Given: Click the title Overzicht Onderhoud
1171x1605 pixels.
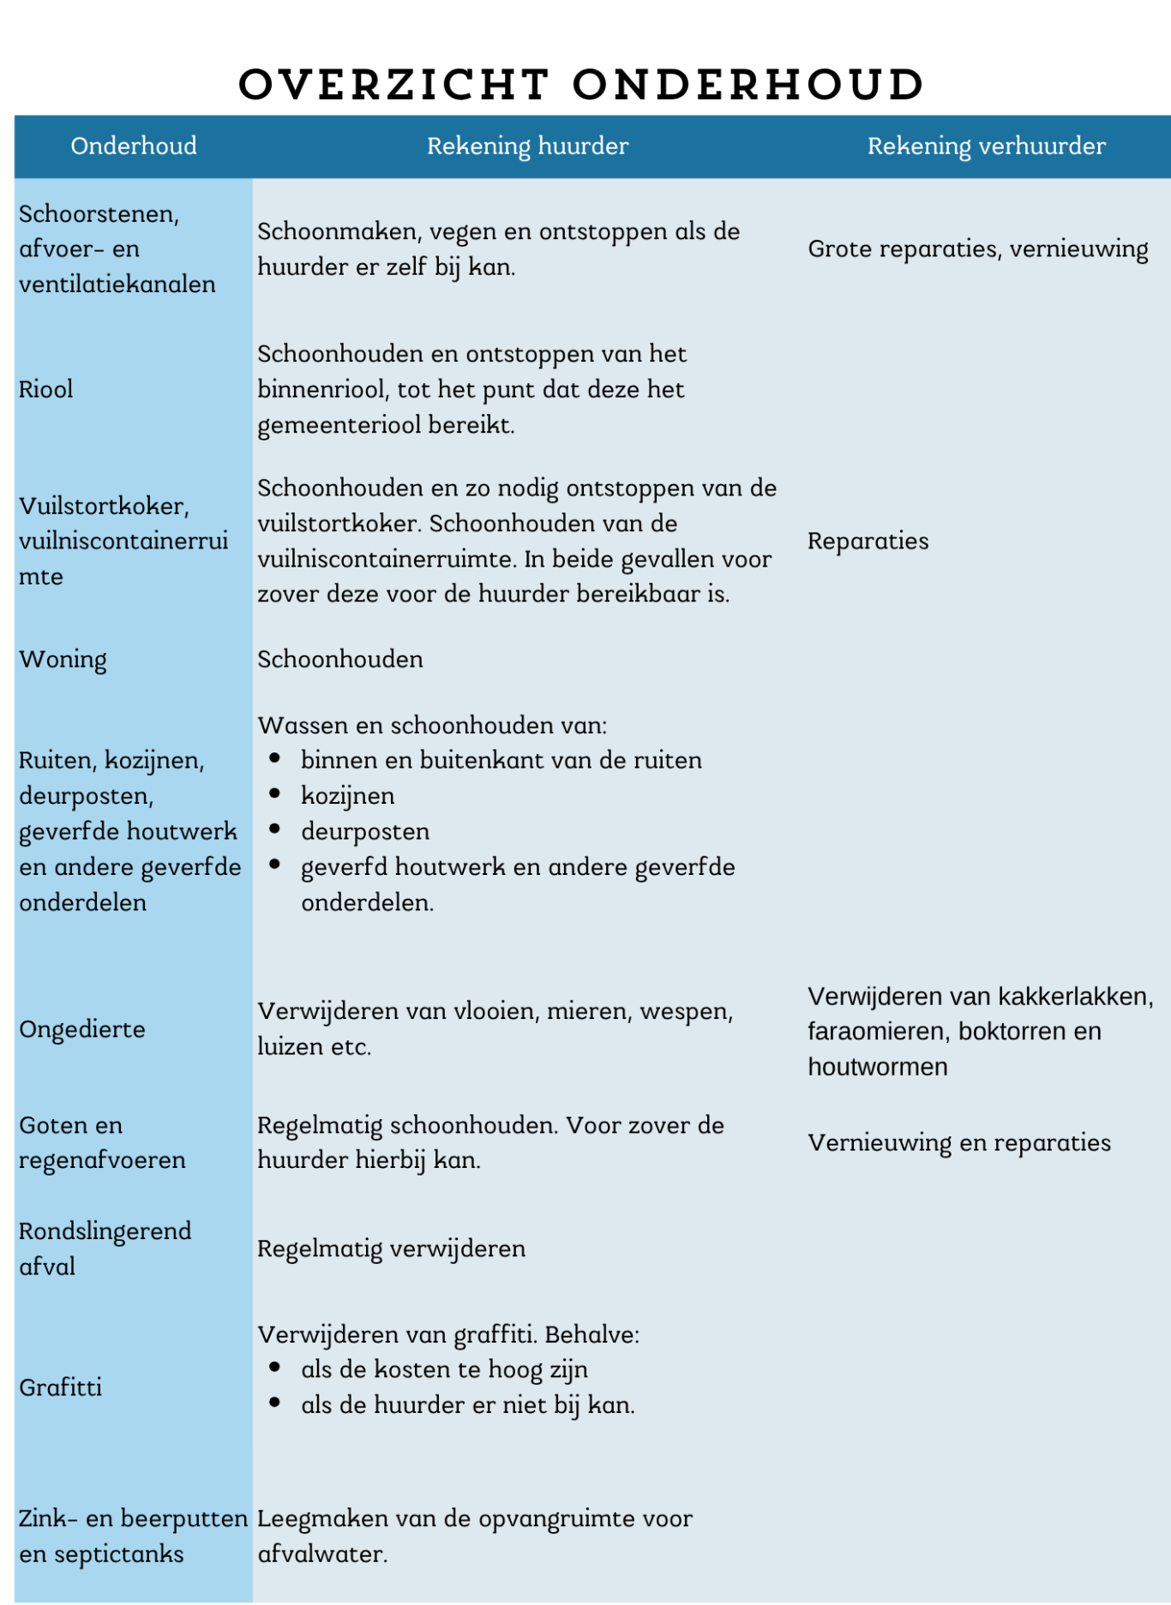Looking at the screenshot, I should (581, 85).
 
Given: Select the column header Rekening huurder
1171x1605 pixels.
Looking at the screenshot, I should (527, 147).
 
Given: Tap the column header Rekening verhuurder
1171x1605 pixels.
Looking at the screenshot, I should (986, 147).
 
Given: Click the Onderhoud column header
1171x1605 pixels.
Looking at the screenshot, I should (134, 147).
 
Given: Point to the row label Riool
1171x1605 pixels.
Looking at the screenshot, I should (46, 390).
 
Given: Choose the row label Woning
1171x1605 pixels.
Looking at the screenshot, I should (63, 660).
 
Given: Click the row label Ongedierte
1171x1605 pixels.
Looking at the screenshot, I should (82, 1029).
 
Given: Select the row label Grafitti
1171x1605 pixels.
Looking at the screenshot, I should (61, 1387).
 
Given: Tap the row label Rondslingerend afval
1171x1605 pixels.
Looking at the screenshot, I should (105, 1249).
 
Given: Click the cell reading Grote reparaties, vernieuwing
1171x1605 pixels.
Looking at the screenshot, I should (977, 249).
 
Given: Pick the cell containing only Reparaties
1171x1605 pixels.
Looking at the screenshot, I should (868, 542).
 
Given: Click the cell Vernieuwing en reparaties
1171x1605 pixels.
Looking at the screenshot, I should (958, 1143).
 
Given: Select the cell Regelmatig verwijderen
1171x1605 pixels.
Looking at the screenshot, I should (391, 1249).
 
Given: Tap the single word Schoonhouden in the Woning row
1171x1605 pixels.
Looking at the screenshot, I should (340, 660).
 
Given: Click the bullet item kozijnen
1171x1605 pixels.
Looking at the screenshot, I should (347, 796).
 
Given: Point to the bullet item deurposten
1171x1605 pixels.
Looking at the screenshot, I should (365, 832).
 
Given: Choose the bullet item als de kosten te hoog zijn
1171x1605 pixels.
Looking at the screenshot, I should (444, 1369).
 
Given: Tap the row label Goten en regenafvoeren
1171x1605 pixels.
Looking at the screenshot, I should (101, 1143).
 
